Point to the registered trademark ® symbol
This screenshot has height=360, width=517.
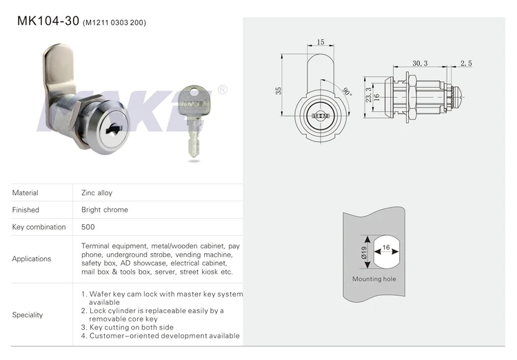pyautogui.click(x=223, y=90)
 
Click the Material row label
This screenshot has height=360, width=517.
pyautogui.click(x=26, y=193)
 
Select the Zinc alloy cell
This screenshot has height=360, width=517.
pyautogui.click(x=97, y=193)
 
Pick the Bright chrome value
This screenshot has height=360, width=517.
pyautogui.click(x=105, y=210)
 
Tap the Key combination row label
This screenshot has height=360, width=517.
pyautogui.click(x=39, y=227)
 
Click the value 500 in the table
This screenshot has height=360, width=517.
pyautogui.click(x=88, y=227)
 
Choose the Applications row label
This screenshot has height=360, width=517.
pyautogui.click(x=32, y=259)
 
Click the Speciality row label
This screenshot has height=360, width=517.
pyautogui.click(x=28, y=314)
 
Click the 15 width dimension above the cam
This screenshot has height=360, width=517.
pyautogui.click(x=321, y=43)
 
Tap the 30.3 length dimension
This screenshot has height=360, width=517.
pyautogui.click(x=420, y=63)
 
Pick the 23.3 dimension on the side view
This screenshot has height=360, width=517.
pyautogui.click(x=387, y=94)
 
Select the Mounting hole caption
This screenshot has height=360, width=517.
pyautogui.click(x=374, y=279)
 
